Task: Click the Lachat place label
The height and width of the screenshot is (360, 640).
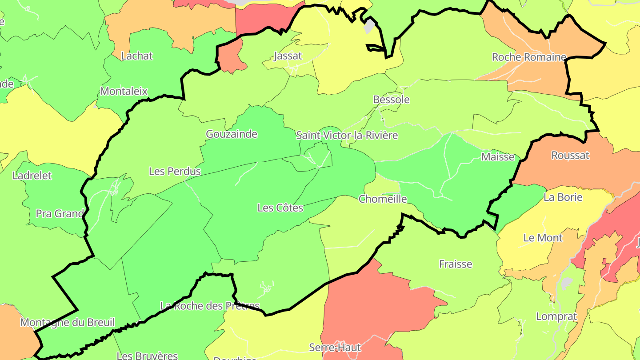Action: tap(137, 56)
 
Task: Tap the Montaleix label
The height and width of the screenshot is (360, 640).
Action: tap(124, 92)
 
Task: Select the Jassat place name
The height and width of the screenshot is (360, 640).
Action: tap(288, 56)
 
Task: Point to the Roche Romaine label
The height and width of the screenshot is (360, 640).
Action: tap(529, 57)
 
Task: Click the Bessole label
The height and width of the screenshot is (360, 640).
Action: tap(391, 100)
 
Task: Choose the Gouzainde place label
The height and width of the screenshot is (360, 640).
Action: tap(232, 134)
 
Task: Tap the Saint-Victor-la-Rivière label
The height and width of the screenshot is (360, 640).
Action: tap(347, 136)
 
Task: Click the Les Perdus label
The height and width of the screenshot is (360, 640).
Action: tap(175, 171)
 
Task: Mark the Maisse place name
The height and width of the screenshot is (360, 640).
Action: tap(498, 157)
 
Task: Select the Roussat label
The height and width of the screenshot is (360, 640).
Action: tap(570, 156)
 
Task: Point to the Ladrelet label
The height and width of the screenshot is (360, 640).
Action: tap(32, 176)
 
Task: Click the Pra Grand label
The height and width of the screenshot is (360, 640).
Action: tap(60, 214)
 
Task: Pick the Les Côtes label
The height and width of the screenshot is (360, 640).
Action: tap(280, 208)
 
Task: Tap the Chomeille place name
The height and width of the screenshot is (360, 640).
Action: tap(383, 199)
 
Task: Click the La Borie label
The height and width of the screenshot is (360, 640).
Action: tap(563, 197)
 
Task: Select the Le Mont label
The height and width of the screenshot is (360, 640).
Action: tap(543, 238)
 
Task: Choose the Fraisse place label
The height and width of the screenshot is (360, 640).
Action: tap(456, 264)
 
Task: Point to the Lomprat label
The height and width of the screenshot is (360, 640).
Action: tap(556, 317)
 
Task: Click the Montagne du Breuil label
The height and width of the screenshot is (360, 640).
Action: tap(68, 323)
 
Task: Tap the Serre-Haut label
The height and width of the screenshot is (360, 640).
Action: tap(335, 348)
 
